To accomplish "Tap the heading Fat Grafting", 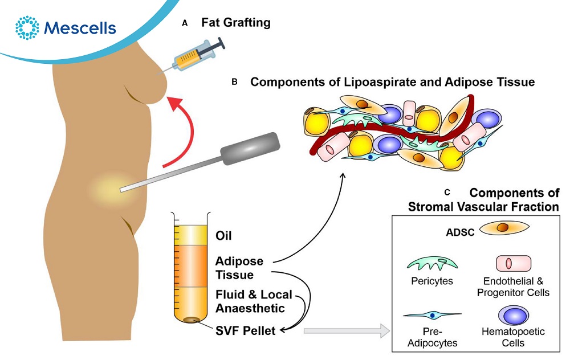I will click(235, 23).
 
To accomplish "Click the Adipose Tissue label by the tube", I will click(239, 268).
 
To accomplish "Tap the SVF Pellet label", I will click(246, 329).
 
